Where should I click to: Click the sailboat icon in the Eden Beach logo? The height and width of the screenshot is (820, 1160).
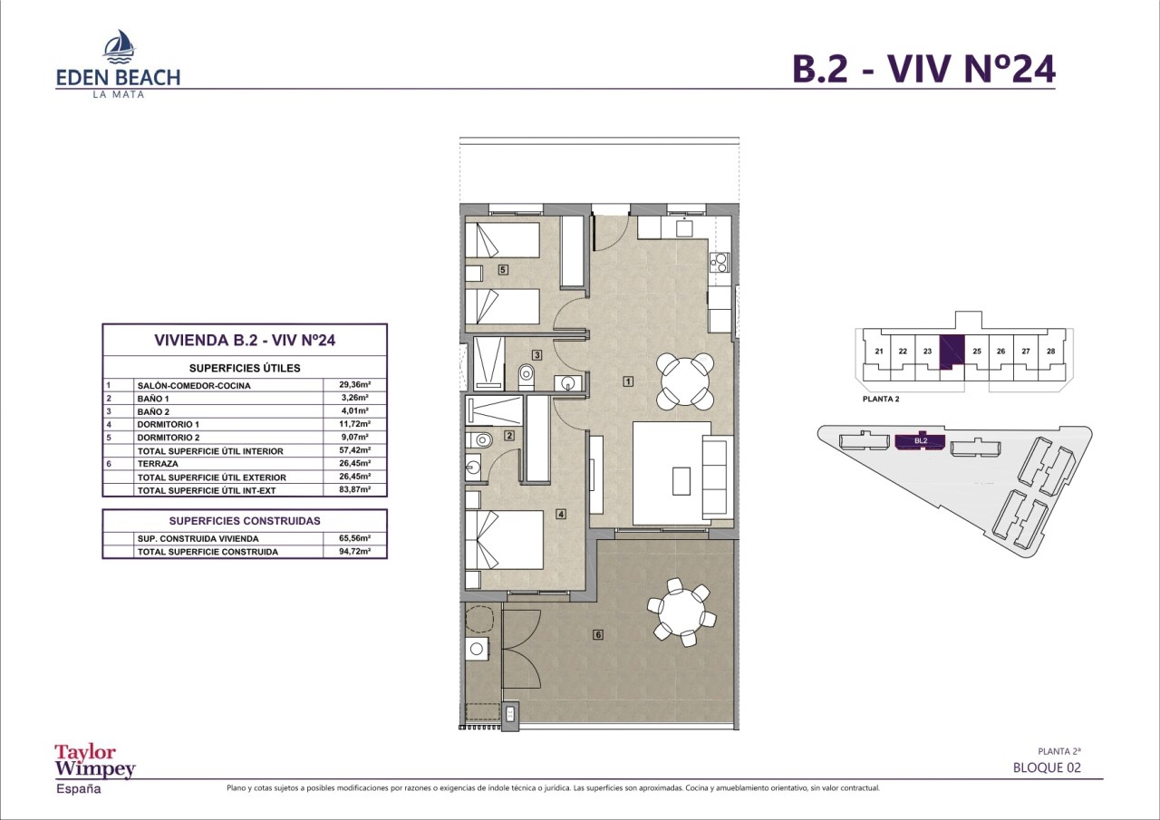pyautogui.click(x=119, y=45)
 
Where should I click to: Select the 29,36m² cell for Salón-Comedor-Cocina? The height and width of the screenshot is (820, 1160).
pyautogui.click(x=354, y=385)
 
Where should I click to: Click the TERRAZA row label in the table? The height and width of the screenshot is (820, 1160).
pyautogui.click(x=158, y=464)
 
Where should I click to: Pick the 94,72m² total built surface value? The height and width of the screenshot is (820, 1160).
pyautogui.click(x=354, y=551)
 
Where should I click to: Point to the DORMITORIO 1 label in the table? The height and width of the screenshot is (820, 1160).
pyautogui.click(x=169, y=424)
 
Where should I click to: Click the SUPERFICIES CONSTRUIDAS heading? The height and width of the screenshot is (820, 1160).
pyautogui.click(x=245, y=521)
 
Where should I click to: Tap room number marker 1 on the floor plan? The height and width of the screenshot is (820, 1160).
pyautogui.click(x=628, y=381)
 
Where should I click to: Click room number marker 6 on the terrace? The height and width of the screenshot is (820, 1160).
pyautogui.click(x=598, y=634)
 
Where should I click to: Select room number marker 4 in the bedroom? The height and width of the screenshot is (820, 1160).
pyautogui.click(x=560, y=514)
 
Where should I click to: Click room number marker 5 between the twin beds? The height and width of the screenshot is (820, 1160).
pyautogui.click(x=502, y=270)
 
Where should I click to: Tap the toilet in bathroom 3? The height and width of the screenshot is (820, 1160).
pyautogui.click(x=527, y=377)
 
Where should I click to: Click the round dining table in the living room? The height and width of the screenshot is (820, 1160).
pyautogui.click(x=684, y=381)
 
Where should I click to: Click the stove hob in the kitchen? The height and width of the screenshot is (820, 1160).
pyautogui.click(x=720, y=262)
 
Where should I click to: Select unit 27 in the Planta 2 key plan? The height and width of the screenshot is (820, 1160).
pyautogui.click(x=1025, y=351)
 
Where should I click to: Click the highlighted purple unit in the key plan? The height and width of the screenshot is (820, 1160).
pyautogui.click(x=952, y=352)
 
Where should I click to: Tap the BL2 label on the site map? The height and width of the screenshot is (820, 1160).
pyautogui.click(x=920, y=441)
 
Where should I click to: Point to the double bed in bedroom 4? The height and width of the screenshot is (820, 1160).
pyautogui.click(x=504, y=540)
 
